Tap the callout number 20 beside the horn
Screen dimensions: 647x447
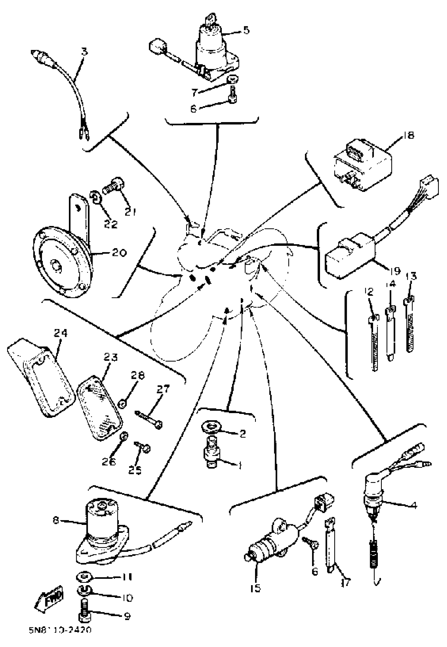pos(120,253)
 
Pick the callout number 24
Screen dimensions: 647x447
pos(61,333)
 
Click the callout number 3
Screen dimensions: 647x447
pos(84,52)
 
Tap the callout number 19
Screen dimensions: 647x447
pos(395,270)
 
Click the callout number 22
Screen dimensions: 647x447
pos(110,224)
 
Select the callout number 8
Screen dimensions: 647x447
pos(55,520)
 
